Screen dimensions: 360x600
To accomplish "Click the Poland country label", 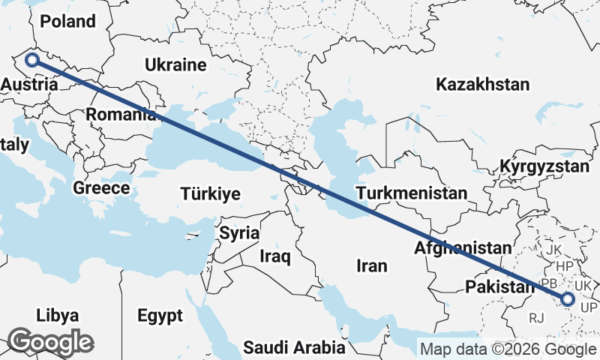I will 68,21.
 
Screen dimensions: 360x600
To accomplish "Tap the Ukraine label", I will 176,64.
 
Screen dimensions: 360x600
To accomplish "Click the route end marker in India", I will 567,299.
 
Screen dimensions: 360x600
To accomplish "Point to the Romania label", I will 120,115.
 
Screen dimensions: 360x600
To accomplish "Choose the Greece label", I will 102,187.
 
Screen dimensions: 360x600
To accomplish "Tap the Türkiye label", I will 210,194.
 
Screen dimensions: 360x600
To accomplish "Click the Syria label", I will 239,232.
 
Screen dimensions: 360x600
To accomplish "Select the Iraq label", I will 274,256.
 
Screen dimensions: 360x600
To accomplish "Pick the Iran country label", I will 372,265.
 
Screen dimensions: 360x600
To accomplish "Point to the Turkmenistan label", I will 412,193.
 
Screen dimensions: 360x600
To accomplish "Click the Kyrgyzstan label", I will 546,166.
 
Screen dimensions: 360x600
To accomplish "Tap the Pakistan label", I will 497,287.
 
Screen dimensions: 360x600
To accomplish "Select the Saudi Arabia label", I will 294,348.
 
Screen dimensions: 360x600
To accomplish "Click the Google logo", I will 51,342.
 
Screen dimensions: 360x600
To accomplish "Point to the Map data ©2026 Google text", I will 508,349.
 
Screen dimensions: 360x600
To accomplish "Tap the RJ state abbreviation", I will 536,318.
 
